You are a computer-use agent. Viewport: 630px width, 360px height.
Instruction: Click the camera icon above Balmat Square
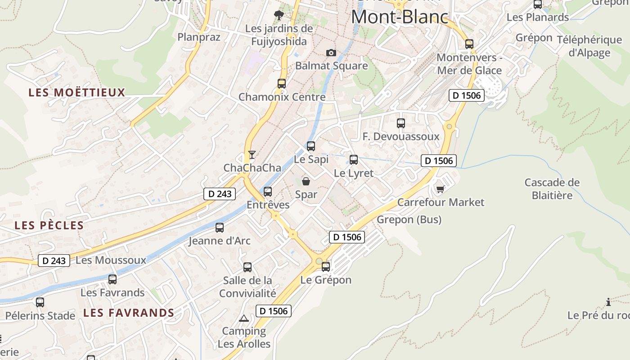coord(331,53)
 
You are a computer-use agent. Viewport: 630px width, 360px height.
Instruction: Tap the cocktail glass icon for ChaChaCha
coord(252,155)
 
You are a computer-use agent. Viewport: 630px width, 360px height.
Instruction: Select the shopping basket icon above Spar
coord(306,181)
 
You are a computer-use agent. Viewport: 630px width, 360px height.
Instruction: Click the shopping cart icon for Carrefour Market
coord(440,189)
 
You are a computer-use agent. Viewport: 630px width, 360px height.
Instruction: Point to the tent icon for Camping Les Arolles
coord(244,319)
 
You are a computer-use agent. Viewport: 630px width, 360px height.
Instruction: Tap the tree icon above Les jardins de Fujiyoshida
coord(279,15)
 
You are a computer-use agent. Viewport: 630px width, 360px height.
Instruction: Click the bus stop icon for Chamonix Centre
coord(282,84)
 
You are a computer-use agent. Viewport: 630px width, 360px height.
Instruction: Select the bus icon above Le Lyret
coord(354,160)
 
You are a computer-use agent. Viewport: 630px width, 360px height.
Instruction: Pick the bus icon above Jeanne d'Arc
coord(220,228)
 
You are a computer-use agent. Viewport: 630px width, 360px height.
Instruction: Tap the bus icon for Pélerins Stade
coord(40,302)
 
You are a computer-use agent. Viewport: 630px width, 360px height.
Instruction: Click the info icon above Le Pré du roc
coord(608,302)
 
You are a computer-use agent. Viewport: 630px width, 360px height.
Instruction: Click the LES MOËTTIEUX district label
coord(77,93)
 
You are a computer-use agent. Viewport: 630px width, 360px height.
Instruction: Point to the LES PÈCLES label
coord(49,225)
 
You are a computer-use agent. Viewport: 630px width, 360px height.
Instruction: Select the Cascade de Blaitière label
coord(552,189)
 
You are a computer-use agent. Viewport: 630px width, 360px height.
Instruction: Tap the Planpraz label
coord(199,37)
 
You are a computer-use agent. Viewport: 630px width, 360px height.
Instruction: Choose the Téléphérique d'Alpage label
coord(589,46)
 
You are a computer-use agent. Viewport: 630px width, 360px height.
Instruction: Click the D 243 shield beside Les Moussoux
coord(54,261)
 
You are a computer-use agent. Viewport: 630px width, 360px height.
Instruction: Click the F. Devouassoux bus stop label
coord(401,136)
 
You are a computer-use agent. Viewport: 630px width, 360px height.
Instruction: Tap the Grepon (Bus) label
coord(409,220)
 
